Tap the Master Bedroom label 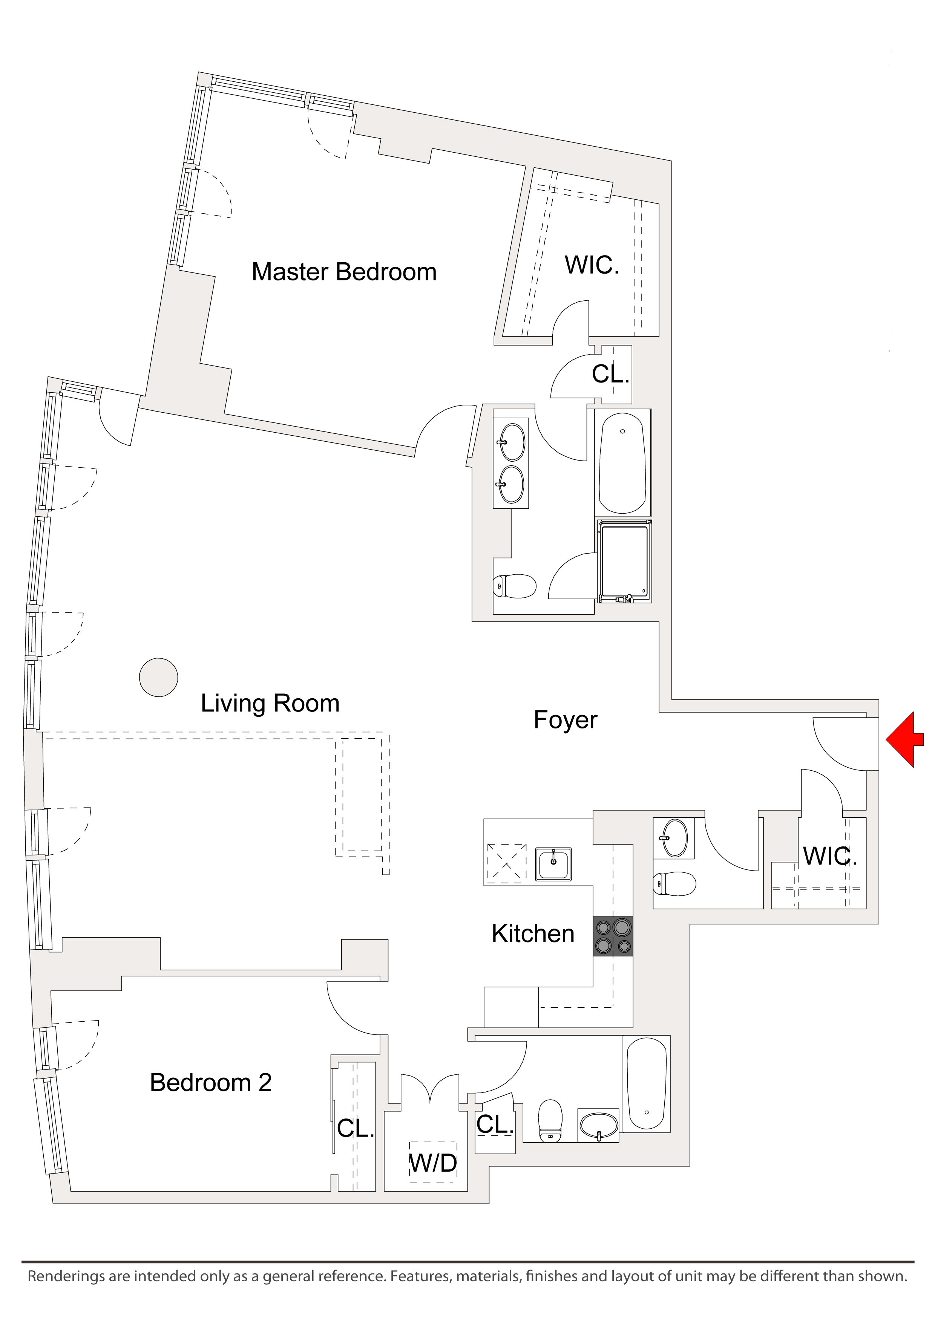(x=344, y=272)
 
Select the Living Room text (x=270, y=704)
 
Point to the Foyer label (x=565, y=720)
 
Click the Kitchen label (x=533, y=934)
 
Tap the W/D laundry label (x=433, y=1164)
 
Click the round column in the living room (x=158, y=678)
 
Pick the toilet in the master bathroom (x=515, y=586)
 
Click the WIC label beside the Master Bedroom (x=591, y=265)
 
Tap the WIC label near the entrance (x=829, y=857)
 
